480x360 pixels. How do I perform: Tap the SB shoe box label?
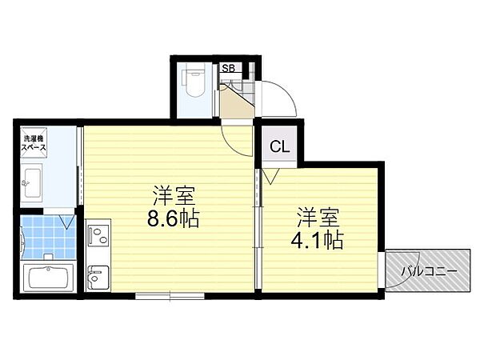coord(227,69)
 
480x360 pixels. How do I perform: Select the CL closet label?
coord(279,146)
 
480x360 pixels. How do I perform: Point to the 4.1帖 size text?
coord(321,239)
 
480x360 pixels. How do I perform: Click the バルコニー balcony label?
coord(430,271)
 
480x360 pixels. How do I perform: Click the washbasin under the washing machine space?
coord(34,182)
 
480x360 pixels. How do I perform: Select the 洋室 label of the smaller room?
coord(321,216)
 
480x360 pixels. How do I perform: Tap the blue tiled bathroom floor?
coord(44,235)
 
